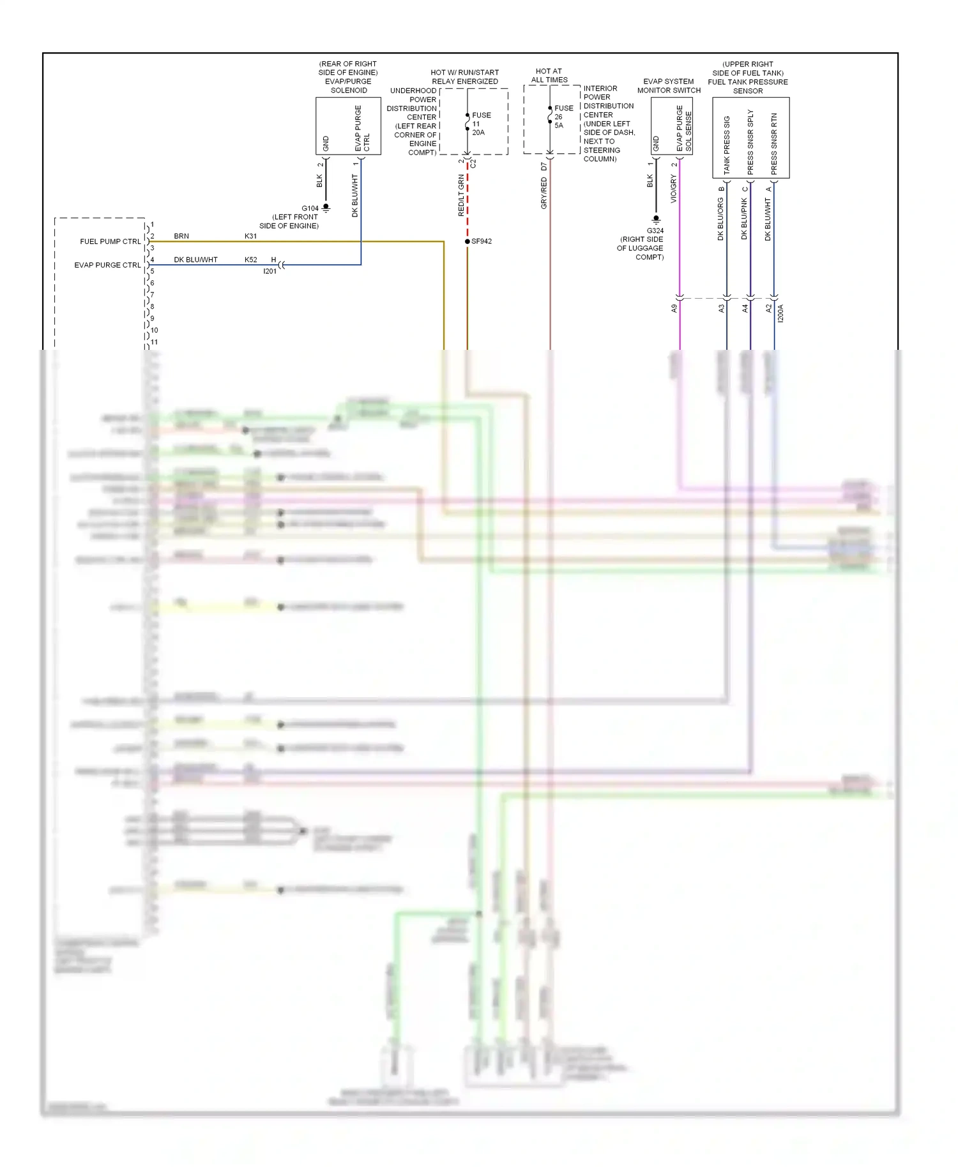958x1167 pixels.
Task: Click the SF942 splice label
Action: point(482,241)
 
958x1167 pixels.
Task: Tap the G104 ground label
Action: point(310,208)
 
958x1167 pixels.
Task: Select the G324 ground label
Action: point(655,230)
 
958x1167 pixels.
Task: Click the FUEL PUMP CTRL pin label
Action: point(110,241)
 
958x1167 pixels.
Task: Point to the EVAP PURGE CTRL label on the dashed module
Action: point(107,265)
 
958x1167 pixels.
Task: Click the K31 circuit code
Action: point(250,236)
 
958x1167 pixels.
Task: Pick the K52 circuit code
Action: point(250,260)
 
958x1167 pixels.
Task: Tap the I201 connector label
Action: point(270,271)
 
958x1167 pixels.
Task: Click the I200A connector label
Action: point(780,313)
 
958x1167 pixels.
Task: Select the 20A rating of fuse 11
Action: point(478,133)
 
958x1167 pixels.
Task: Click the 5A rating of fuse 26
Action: point(559,126)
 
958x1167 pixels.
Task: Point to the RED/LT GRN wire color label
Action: point(461,195)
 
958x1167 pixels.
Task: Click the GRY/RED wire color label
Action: point(544,193)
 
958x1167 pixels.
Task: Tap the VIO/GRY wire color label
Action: point(673,190)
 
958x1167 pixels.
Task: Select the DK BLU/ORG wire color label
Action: point(720,218)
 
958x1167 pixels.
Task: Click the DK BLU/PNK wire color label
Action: point(744,218)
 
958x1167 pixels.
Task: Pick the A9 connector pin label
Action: point(674,308)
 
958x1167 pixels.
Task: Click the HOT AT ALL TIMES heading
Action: point(549,75)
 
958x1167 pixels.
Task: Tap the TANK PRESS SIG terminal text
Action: point(727,145)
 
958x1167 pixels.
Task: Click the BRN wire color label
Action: point(181,236)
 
